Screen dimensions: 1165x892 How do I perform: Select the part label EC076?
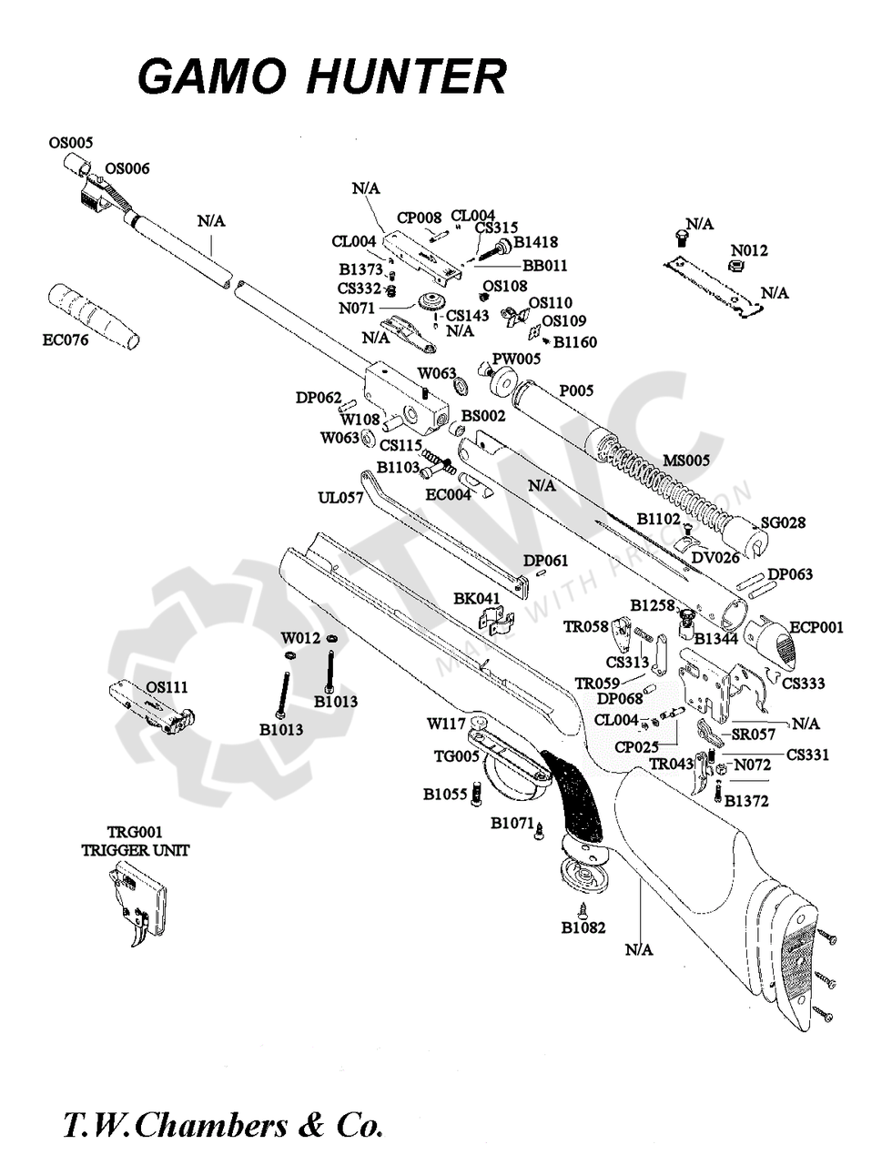(x=66, y=342)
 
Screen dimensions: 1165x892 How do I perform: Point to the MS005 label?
(x=685, y=461)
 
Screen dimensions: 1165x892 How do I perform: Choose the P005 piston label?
(x=576, y=390)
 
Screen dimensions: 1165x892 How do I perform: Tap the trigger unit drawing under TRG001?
(x=139, y=906)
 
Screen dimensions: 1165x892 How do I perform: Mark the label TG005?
(x=456, y=756)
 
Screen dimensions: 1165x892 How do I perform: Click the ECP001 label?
(x=816, y=627)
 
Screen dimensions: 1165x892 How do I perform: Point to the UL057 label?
(x=340, y=498)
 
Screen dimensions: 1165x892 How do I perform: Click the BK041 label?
(x=477, y=598)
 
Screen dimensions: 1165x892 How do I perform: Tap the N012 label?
(x=749, y=250)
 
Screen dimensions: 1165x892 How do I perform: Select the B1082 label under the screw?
(x=583, y=928)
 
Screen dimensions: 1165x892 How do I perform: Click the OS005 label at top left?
(x=70, y=142)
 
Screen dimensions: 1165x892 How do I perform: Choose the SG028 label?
(x=783, y=522)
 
